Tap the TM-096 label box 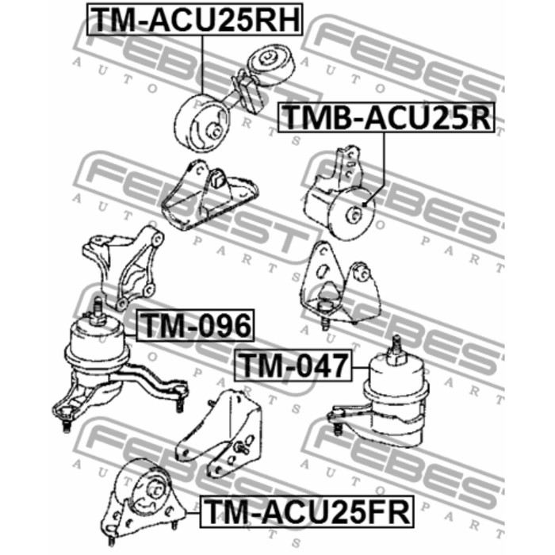195,324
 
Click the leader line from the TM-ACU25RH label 203,71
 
